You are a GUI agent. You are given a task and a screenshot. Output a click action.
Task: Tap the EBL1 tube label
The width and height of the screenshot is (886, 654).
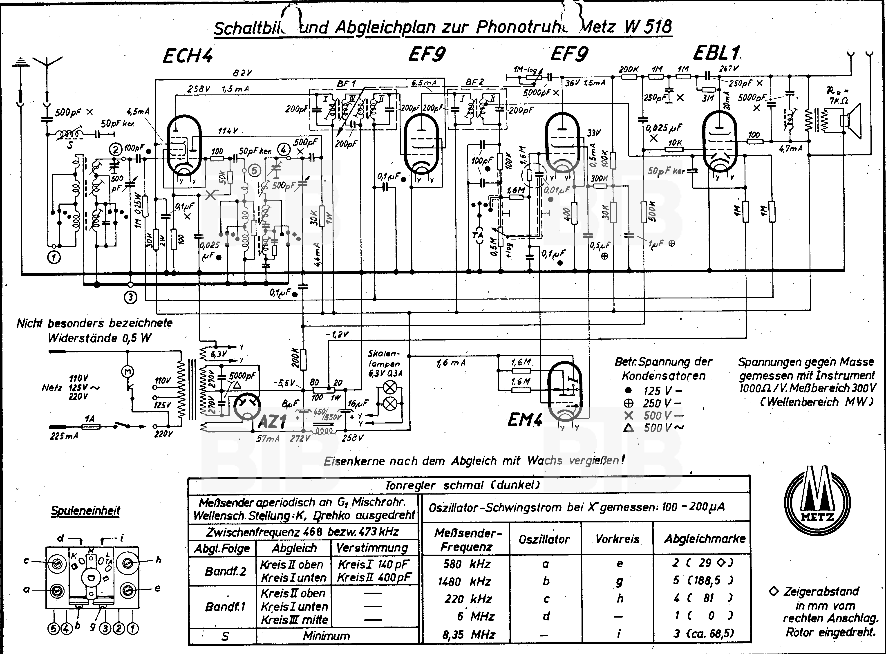click(716, 54)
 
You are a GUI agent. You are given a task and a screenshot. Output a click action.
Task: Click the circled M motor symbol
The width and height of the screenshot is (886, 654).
click(128, 371)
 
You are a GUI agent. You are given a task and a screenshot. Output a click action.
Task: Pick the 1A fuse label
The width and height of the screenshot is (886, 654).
click(90, 419)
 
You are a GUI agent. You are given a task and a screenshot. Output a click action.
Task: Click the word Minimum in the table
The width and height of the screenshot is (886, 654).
click(327, 636)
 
